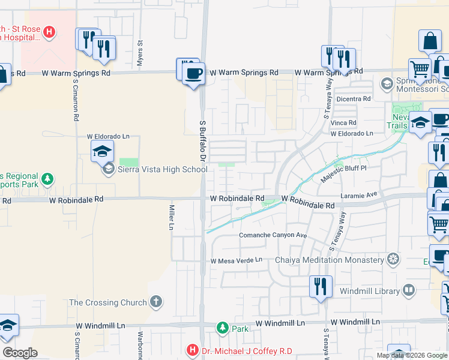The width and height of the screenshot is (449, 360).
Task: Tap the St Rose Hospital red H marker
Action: tap(50, 32)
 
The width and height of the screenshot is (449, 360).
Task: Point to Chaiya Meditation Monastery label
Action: tap(329, 260)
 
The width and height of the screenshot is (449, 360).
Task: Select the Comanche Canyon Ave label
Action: tap(273, 236)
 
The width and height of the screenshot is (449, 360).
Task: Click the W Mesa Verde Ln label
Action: tap(237, 260)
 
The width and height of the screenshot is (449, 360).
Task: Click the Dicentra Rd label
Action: tap(354, 98)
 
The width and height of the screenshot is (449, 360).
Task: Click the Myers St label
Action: tap(140, 51)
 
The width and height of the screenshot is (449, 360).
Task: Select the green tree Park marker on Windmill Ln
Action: tap(223, 328)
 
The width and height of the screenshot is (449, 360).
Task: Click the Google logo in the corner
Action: tap(19, 353)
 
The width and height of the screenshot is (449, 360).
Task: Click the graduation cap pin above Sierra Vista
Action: tap(102, 152)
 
